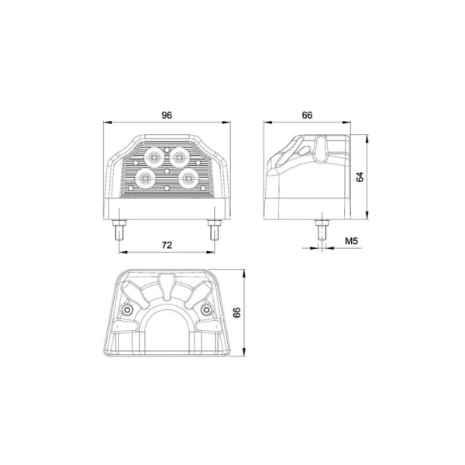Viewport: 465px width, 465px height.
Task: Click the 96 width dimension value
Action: [x=166, y=115]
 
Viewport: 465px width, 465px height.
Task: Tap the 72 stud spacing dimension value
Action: [x=166, y=244]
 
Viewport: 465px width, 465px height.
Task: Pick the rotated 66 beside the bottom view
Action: [x=237, y=312]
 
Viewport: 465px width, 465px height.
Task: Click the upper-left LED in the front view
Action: [x=153, y=156]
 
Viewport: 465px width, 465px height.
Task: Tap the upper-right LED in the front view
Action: [x=181, y=156]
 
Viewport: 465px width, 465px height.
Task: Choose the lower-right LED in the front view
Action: [x=188, y=178]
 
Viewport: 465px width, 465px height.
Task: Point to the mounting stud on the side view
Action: [x=319, y=229]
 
